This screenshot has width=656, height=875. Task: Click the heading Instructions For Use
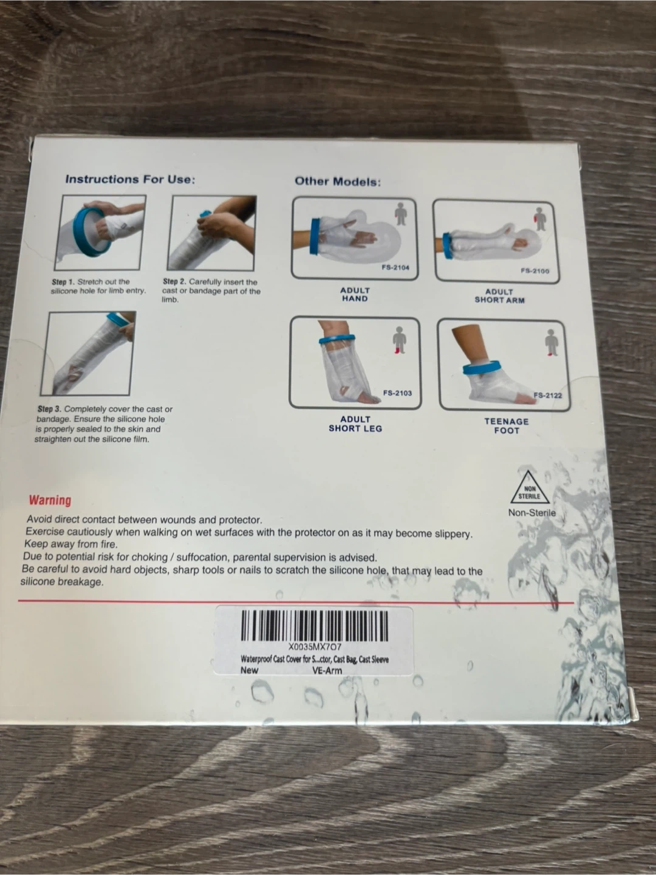coord(130,179)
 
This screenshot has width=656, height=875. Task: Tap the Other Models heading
coord(338,182)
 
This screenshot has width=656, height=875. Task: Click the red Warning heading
coord(50,500)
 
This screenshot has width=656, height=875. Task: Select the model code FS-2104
coord(395,267)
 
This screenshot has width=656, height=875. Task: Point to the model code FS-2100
coord(535,271)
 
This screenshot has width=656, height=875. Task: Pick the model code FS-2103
coord(397,393)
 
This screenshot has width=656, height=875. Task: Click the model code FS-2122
coord(548,396)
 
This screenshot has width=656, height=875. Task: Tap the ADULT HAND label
coord(355,295)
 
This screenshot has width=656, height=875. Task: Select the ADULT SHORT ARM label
coord(499,296)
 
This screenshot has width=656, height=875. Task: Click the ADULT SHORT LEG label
coord(355,424)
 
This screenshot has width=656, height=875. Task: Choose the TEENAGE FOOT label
coord(507,426)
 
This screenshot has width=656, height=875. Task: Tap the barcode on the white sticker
coord(314,626)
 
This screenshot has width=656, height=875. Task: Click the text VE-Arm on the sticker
coord(327,671)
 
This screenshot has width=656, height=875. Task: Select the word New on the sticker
coord(249,670)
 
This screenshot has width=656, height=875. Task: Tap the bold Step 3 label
coord(50,409)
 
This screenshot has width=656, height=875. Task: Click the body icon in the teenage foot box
coord(552,342)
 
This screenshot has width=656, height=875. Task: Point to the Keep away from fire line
coord(71,544)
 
